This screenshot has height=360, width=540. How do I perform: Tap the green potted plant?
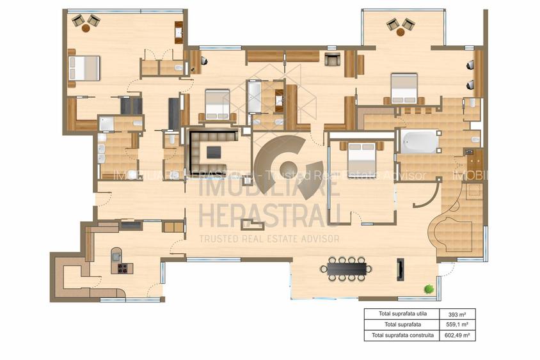pyautogui.click(x=428, y=289)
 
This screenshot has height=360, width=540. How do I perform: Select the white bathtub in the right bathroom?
pyautogui.click(x=419, y=141)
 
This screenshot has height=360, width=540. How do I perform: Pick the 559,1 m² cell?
pyautogui.click(x=452, y=324)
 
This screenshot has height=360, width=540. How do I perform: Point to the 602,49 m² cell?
pyautogui.click(x=452, y=334)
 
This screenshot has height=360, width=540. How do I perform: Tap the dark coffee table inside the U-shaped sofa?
pyautogui.click(x=214, y=152)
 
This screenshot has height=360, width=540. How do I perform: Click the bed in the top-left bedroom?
pyautogui.click(x=84, y=68)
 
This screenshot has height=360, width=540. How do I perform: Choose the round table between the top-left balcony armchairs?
pyautogui.click(x=86, y=27)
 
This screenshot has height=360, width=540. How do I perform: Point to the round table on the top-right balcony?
pyautogui.click(x=400, y=31)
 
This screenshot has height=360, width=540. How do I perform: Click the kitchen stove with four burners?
pyautogui.click(x=123, y=268)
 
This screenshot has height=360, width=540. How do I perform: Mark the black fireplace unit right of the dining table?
pyautogui.click(x=400, y=269)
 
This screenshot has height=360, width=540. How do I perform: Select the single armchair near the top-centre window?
pyautogui.click(x=332, y=60)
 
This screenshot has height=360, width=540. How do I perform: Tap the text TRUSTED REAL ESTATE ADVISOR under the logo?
pyautogui.click(x=269, y=239)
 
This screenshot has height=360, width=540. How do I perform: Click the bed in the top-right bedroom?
pyautogui.click(x=404, y=88)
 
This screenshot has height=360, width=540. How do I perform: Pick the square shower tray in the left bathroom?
pyautogui.click(x=107, y=123)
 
